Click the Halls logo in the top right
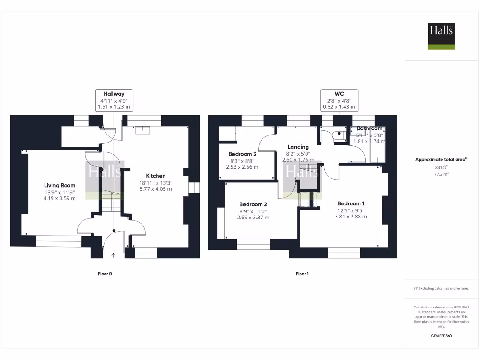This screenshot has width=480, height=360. (x=441, y=36)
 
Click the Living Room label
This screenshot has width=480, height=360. (x=60, y=185)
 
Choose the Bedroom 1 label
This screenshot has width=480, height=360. (x=351, y=203)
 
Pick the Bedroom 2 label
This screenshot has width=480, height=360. (x=253, y=204)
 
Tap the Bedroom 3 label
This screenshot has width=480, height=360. (x=242, y=154)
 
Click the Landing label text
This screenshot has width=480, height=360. (x=298, y=147)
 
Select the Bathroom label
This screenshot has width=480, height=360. (x=369, y=128)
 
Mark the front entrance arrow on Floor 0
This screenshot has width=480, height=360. (x=114, y=255)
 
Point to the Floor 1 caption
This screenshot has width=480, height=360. (x=302, y=274)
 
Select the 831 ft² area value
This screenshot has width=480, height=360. (x=441, y=167)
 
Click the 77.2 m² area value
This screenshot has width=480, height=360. (x=441, y=173)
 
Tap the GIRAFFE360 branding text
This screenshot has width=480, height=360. (x=441, y=336)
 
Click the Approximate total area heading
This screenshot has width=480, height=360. (x=441, y=159)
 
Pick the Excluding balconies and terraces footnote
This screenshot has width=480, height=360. (x=441, y=289)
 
